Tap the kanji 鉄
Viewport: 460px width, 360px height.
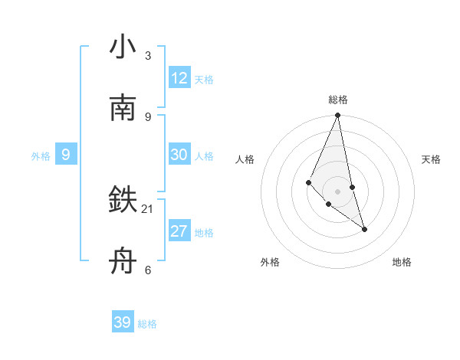pos(123,201)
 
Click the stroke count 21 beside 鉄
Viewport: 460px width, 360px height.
pos(148,208)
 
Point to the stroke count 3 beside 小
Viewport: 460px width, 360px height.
pos(148,56)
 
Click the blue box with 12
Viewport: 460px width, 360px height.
pos(179,78)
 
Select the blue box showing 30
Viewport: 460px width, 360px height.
pos(179,155)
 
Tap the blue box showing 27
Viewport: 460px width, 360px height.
pos(179,231)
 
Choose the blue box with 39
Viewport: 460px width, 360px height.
pos(123,322)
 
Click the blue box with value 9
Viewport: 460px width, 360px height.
pos(66,155)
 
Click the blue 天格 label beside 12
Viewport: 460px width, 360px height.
pos(204,80)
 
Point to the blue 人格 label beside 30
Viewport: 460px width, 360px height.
pos(204,156)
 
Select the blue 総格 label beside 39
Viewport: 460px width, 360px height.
pos(147,324)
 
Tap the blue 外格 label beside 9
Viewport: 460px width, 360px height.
pos(41,156)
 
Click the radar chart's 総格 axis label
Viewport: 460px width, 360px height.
pos(337,100)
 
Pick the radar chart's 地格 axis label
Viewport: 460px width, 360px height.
pos(402,262)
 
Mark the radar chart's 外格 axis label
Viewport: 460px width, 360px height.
pos(270,262)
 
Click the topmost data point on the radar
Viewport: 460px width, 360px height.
pos(337,116)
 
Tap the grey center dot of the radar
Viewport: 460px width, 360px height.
pos(337,191)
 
